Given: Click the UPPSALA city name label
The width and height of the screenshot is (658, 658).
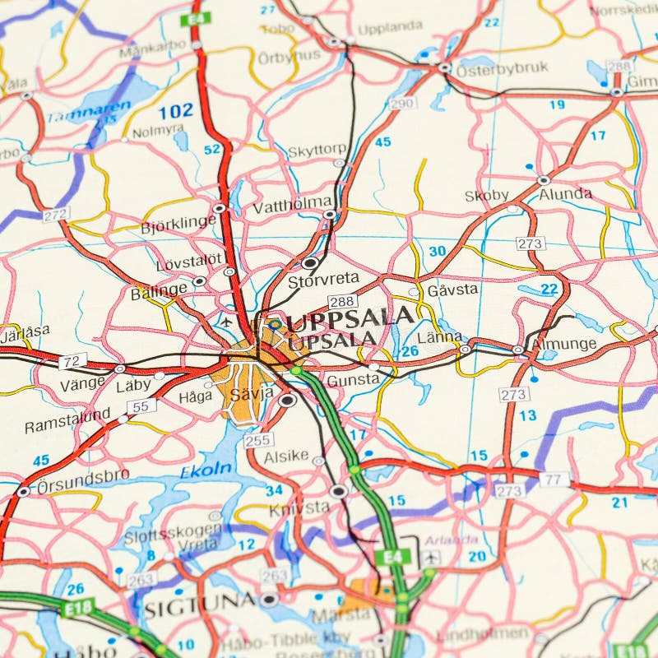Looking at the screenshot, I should click(x=350, y=316).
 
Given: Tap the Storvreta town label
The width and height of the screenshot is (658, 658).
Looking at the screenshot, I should click(x=323, y=280).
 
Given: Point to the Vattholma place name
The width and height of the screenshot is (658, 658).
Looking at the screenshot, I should click(x=304, y=202).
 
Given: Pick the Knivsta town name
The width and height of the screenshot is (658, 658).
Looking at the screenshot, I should click(x=299, y=507).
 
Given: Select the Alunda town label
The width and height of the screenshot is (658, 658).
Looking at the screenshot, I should click(x=566, y=194).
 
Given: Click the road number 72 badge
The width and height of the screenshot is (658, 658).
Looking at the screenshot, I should click(x=72, y=359).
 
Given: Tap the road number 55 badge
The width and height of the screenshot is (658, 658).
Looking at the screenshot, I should click(x=141, y=405).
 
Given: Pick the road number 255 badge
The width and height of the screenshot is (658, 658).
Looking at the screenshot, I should click(x=257, y=441).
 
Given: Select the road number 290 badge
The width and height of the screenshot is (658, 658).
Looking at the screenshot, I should click(x=402, y=103).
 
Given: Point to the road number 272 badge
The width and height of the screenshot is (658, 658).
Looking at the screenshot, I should click(x=56, y=214).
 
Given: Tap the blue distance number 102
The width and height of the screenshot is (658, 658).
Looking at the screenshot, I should click(x=175, y=111).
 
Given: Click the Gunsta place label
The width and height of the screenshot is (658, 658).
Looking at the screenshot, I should click(x=354, y=380).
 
